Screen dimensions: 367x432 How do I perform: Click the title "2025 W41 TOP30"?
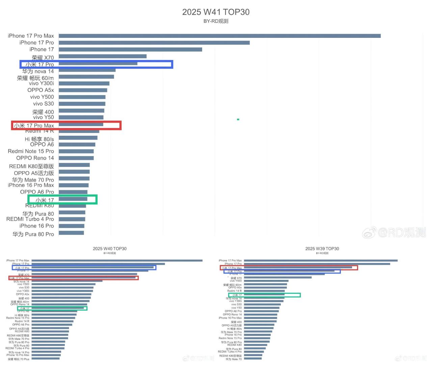216,12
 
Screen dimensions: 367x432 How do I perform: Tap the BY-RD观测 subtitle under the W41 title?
216,21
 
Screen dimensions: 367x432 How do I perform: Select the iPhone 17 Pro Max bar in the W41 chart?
219,36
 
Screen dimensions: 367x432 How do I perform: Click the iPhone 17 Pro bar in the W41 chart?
154,43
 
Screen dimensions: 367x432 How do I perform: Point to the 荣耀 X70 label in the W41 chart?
43,58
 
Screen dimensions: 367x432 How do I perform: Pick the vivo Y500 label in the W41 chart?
42,97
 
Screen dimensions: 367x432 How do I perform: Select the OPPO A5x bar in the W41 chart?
83,90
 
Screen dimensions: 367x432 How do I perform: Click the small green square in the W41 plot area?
238,119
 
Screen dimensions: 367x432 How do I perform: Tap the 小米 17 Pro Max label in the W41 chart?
34,126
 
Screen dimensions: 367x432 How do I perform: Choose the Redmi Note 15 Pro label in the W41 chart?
31,151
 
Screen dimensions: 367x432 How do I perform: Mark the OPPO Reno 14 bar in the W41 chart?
76,158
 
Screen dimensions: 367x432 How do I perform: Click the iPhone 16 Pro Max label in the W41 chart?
31,185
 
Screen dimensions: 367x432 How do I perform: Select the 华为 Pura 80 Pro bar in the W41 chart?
71,233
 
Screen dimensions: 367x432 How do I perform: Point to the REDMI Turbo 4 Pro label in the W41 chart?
30,219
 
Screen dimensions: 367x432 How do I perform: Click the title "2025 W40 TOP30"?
110,248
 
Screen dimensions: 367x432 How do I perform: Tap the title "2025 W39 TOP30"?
322,248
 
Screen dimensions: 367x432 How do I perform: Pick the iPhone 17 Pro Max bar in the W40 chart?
117,260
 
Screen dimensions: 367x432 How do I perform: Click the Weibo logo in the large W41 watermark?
369,233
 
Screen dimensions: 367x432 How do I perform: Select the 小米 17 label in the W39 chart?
237,295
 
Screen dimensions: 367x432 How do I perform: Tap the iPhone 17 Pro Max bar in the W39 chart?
321,260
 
